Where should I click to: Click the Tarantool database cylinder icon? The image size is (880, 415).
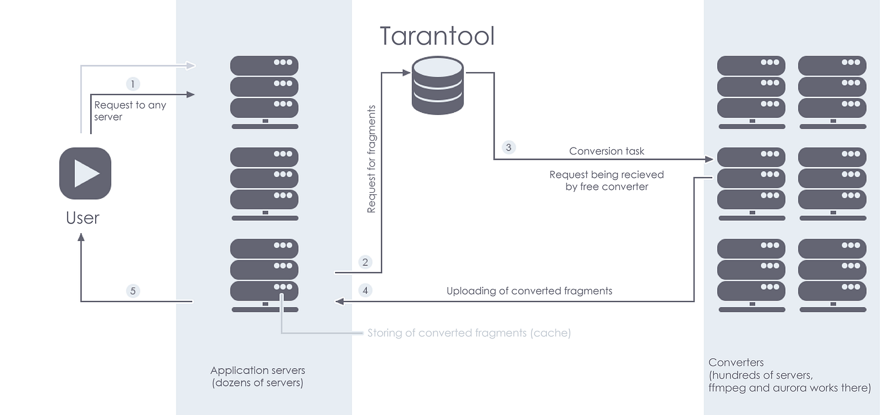[438, 85]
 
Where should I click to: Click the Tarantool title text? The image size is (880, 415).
[437, 36]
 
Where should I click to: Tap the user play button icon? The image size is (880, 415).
[85, 173]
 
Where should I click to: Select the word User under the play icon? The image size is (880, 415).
[82, 218]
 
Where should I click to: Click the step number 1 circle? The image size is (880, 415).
[133, 84]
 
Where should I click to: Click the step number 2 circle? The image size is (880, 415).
[365, 262]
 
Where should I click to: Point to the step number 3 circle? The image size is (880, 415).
[508, 148]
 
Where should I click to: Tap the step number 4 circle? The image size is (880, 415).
[365, 291]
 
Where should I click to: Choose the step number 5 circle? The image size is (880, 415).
[133, 291]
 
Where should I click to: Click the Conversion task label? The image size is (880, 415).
[607, 151]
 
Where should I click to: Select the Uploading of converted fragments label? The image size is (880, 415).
[529, 291]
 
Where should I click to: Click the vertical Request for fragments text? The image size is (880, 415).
[371, 159]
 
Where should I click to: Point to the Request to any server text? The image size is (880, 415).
[130, 111]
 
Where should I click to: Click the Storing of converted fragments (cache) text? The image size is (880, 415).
[469, 333]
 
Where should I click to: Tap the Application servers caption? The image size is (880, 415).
[258, 376]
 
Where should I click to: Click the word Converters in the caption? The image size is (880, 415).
[736, 362]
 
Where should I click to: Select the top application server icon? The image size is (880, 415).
[265, 92]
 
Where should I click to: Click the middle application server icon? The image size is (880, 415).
[265, 184]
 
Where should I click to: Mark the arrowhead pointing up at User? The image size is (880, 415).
[81, 237]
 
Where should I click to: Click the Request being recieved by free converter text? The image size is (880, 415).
[607, 181]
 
